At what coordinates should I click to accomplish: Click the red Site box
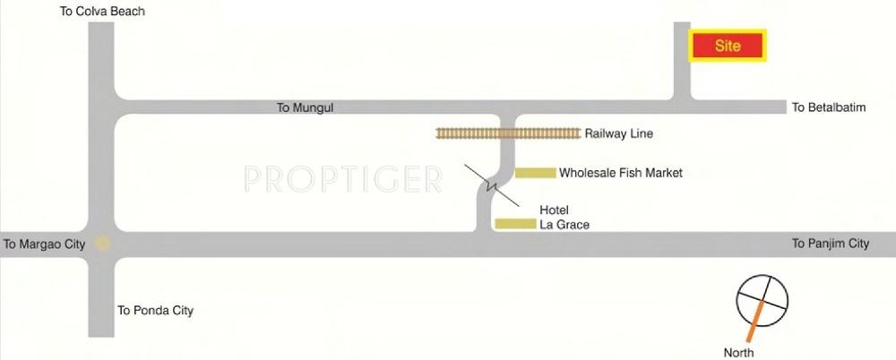point(728,46)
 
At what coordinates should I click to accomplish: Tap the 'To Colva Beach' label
point(102,11)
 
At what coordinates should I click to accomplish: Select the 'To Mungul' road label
point(306,107)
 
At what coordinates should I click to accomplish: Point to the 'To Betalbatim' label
point(829,107)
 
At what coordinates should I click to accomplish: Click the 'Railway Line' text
point(619,133)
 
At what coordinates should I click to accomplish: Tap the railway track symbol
point(508,133)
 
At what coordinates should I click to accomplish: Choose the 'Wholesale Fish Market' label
point(621,173)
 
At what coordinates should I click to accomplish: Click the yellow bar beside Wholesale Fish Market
point(536,173)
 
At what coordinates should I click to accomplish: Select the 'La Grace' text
point(564,225)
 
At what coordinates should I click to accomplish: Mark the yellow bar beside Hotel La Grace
point(515,224)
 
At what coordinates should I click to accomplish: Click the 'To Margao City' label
point(44,244)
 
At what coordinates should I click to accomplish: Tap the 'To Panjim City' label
point(831,244)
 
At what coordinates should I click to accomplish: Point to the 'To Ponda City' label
point(155,311)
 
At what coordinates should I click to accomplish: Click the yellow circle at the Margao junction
point(102,244)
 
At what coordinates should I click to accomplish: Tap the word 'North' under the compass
point(739,353)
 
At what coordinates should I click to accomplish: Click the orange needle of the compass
point(754,321)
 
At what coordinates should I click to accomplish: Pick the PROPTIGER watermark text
point(343,179)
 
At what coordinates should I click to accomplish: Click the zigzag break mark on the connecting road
point(491,185)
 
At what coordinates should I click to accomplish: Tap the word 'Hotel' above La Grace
point(555,210)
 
